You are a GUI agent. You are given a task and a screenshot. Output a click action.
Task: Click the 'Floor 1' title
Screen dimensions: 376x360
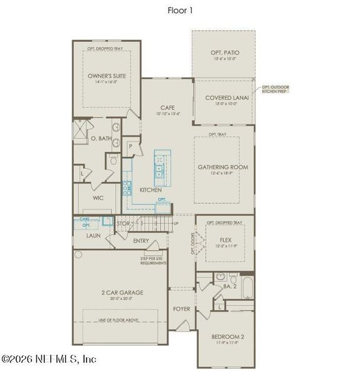pos(179,10)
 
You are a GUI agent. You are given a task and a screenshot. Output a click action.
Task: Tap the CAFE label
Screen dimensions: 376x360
pos(167,108)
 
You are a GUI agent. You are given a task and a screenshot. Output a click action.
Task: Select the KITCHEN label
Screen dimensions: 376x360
pos(151,189)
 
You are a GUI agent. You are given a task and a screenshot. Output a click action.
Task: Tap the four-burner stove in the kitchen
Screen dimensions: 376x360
pos(127,186)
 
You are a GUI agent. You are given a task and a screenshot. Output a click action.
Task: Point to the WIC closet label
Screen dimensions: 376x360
pos(98,197)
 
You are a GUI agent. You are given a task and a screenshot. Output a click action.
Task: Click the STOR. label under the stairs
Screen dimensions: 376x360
pos(124,223)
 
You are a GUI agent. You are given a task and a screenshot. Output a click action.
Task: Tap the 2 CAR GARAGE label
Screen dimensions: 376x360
pos(123,293)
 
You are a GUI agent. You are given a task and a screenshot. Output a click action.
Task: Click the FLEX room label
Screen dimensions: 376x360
pos(226,239)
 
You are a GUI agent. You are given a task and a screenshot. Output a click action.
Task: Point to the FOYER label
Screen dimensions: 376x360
pos(182,309)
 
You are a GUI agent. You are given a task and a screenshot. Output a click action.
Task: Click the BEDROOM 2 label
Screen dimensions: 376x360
pos(228,337)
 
